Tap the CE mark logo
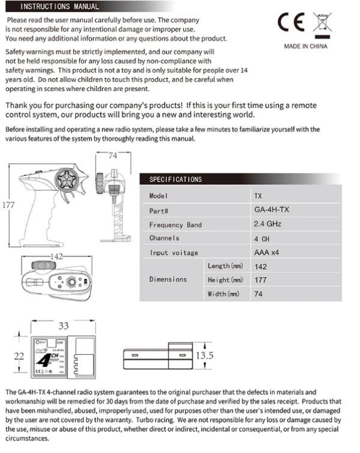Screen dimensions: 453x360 (291, 22)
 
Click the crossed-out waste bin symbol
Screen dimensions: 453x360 (319, 22)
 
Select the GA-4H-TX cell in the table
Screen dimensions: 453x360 (272, 211)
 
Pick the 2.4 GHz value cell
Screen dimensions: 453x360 (268, 224)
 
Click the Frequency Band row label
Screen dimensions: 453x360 (176, 225)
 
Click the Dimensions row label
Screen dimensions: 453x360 (168, 280)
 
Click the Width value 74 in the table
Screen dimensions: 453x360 (259, 294)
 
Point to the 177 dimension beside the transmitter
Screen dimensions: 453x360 (8, 205)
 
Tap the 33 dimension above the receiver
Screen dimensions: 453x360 (64, 326)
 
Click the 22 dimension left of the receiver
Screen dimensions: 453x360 (19, 356)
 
